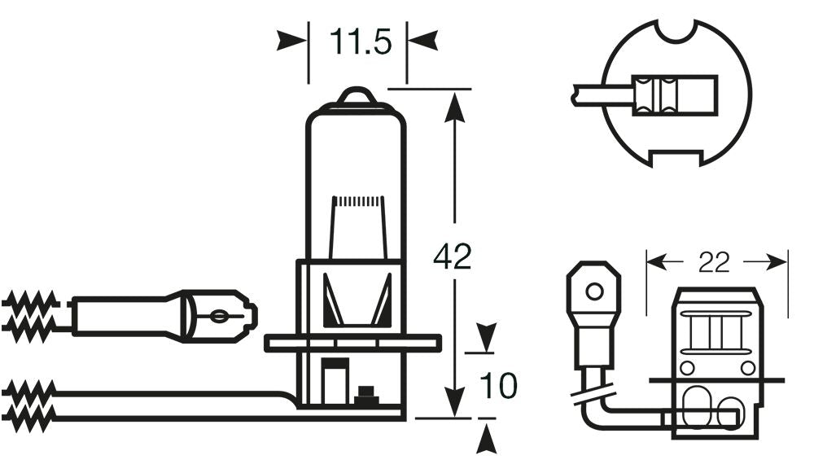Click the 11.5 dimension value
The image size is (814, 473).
click(x=358, y=41)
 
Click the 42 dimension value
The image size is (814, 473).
click(x=453, y=257)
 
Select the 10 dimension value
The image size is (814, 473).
click(x=498, y=386)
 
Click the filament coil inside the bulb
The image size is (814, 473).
click(x=358, y=200)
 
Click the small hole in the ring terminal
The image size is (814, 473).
click(x=594, y=291)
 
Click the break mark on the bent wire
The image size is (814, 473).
click(x=593, y=397)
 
